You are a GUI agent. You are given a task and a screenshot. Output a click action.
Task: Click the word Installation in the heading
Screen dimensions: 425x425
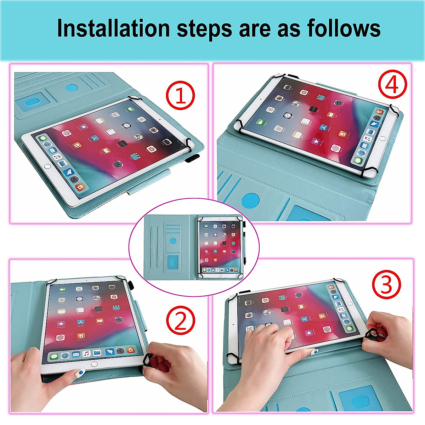(113, 28)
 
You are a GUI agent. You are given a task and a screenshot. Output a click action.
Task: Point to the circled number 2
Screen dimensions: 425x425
(181, 320)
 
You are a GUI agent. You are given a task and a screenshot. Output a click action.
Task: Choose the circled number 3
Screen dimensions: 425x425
(386, 284)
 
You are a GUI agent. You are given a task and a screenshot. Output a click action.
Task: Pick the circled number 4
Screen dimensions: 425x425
(392, 85)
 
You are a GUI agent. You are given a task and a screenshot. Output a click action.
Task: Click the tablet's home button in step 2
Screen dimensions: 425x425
(94, 364)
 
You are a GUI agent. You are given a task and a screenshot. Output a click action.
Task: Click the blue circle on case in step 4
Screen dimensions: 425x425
(250, 200)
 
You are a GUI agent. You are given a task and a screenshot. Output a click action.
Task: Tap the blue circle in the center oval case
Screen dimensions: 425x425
(173, 241)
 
